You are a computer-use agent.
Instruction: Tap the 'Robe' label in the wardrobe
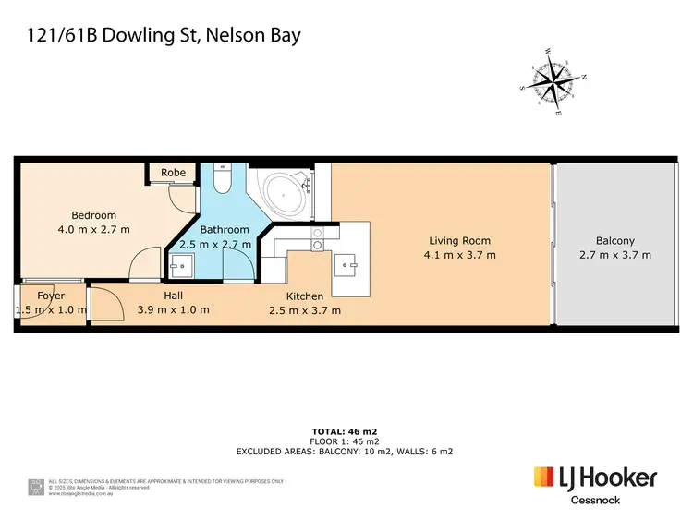(173, 173)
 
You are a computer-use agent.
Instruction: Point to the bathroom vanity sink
(179, 269)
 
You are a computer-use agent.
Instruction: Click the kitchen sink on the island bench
(349, 266)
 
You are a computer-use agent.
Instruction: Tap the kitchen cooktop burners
(317, 241)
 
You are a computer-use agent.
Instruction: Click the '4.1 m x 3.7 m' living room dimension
(459, 255)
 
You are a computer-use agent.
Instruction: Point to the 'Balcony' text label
(614, 241)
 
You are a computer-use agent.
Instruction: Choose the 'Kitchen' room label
(304, 296)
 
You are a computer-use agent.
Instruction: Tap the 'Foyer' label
(51, 296)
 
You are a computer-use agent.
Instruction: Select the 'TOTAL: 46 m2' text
(344, 431)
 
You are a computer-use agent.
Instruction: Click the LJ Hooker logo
(595, 478)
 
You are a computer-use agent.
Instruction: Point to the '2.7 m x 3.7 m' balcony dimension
(614, 255)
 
